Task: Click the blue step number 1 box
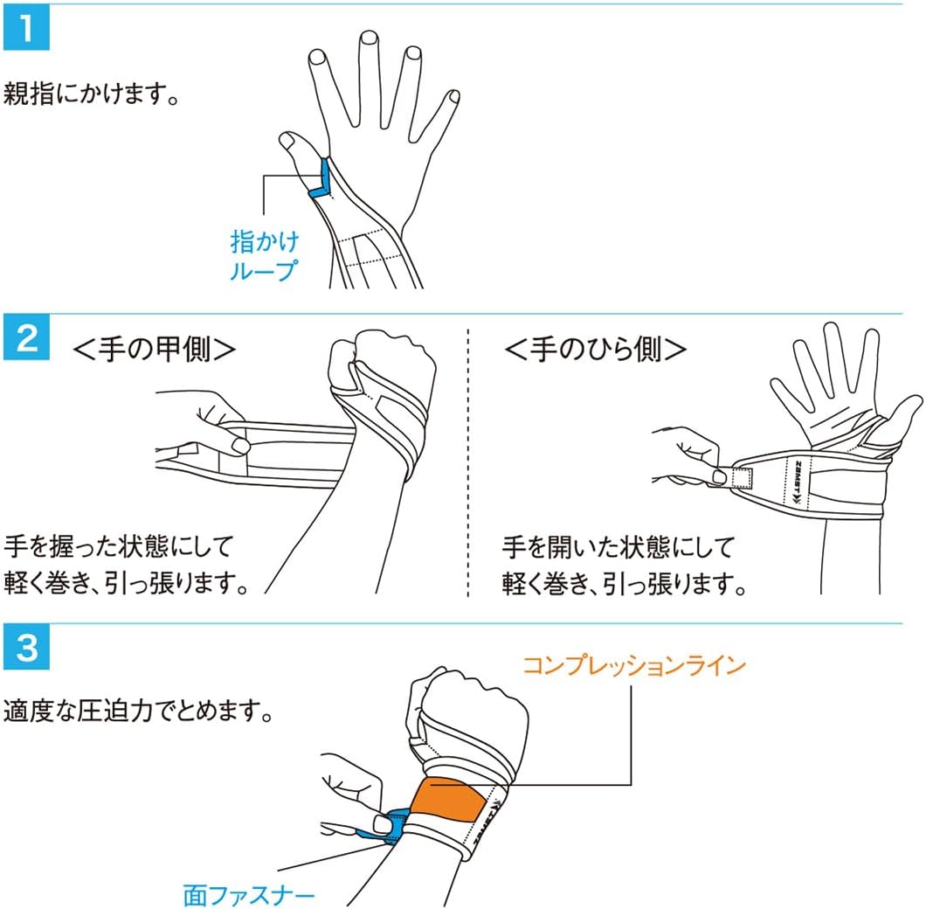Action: click(x=26, y=28)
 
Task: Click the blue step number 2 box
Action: click(x=26, y=337)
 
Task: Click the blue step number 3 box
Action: click(x=26, y=647)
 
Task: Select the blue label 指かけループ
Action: click(x=264, y=256)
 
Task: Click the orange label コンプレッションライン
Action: click(x=634, y=666)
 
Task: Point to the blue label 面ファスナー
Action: click(x=249, y=895)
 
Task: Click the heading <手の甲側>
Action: click(x=154, y=349)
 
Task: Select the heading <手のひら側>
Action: click(x=595, y=349)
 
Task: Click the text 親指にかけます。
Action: click(x=91, y=94)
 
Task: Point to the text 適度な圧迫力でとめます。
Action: click(x=138, y=711)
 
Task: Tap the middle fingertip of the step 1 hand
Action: click(x=370, y=38)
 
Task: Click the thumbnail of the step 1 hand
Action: click(x=287, y=141)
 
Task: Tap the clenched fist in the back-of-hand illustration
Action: click(x=384, y=370)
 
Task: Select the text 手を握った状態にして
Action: click(x=119, y=546)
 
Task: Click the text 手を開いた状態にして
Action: click(x=618, y=546)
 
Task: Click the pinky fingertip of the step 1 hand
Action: click(x=453, y=96)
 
